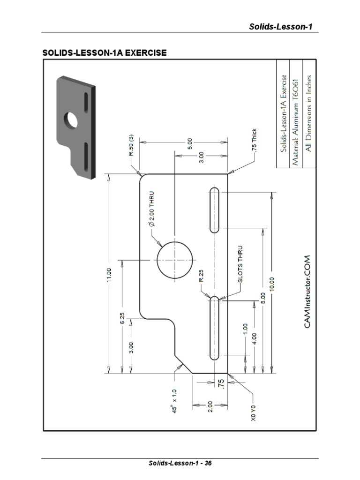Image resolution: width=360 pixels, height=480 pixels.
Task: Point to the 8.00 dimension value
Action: point(262,298)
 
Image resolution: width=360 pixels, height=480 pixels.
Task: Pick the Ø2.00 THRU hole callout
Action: point(151,209)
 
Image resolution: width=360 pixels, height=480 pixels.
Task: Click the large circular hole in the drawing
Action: point(175,259)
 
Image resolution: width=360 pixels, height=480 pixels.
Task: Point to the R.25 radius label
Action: point(201,277)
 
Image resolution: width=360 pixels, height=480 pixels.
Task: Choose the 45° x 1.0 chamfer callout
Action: point(174,401)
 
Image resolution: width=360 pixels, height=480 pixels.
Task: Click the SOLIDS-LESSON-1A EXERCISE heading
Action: point(105,53)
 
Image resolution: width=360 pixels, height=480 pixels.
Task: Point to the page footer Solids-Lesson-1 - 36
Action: point(180,463)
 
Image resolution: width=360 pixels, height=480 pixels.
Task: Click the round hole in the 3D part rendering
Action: point(72,120)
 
